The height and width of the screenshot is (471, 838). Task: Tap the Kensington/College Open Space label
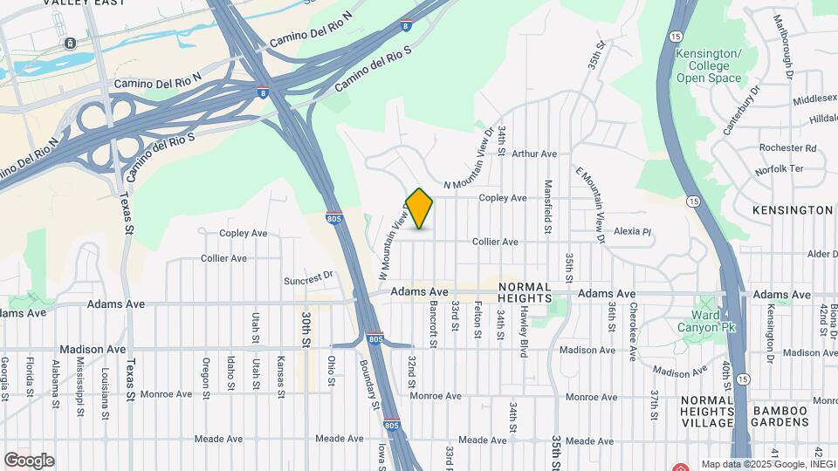(x=709, y=65)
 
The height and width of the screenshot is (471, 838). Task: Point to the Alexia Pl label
(x=633, y=232)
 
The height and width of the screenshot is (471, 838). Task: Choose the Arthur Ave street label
(x=534, y=154)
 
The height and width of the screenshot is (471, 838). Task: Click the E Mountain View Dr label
(x=589, y=205)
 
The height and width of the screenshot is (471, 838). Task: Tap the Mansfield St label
(x=548, y=207)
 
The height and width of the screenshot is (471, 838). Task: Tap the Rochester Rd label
(x=787, y=148)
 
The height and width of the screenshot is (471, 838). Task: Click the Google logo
(x=29, y=461)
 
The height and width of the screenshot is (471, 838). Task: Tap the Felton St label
(x=477, y=316)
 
